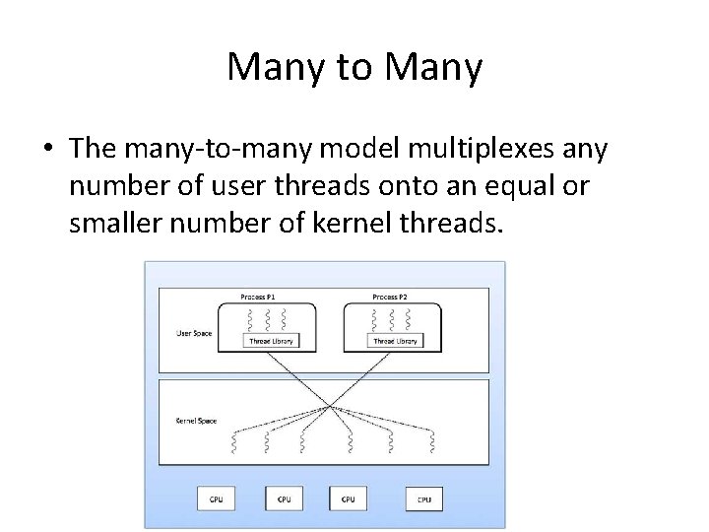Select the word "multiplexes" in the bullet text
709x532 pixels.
pos(475,149)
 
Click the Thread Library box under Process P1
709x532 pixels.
pos(268,341)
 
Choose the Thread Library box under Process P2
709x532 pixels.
pos(395,341)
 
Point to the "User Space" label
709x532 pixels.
pos(193,333)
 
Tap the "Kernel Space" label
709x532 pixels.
pos(195,422)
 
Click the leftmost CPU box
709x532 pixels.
pos(216,499)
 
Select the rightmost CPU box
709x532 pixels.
pos(423,499)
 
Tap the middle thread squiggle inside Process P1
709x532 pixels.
pos(268,319)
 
